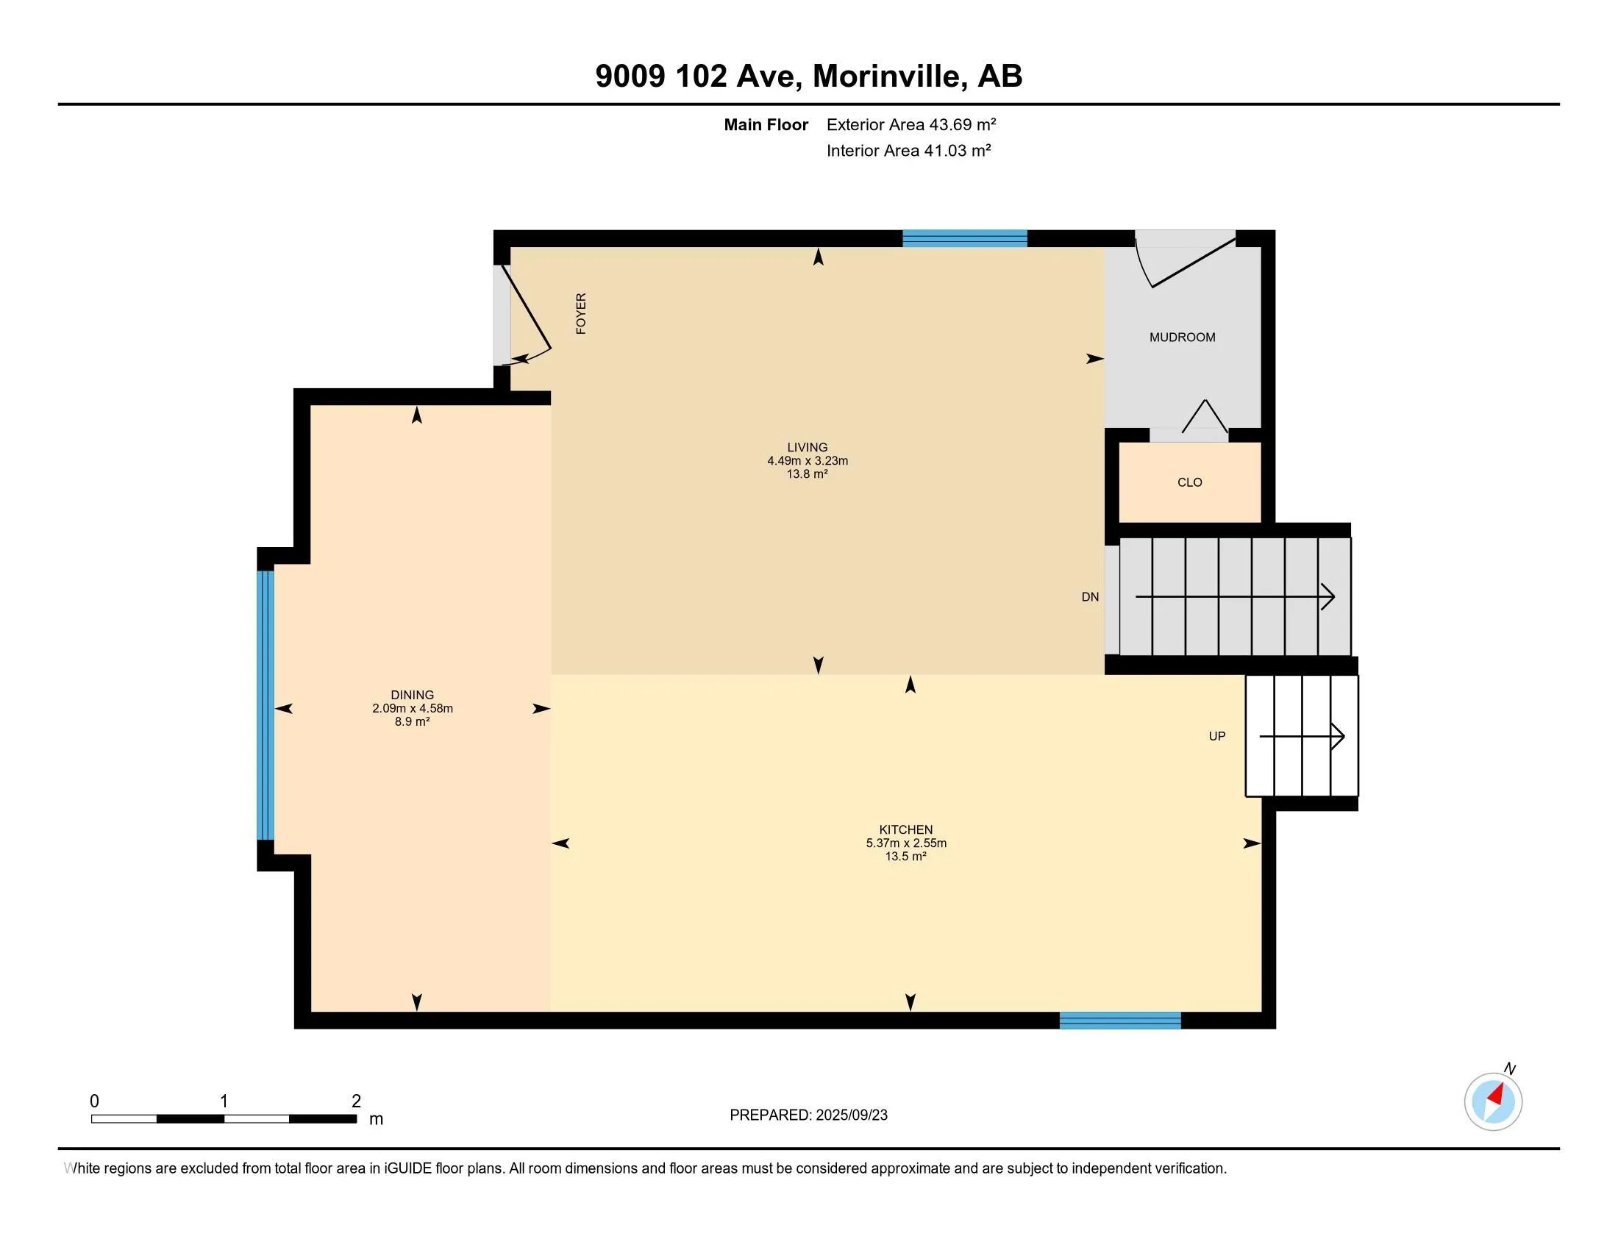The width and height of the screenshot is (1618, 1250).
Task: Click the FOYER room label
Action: coord(581,313)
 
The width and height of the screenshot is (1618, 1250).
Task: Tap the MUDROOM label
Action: coord(1183,337)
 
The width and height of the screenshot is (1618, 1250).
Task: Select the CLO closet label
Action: coord(1190,482)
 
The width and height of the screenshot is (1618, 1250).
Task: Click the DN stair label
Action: coord(1090,597)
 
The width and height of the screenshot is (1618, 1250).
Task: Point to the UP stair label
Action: coord(1217,736)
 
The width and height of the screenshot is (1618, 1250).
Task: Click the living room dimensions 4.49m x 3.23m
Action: coord(808,460)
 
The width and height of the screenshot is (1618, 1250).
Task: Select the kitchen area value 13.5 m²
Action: coord(905,856)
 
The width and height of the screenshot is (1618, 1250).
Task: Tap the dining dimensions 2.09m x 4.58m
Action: coord(413,708)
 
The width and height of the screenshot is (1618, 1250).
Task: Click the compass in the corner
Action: coord(1494,1101)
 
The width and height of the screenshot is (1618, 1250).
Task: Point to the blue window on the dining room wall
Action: coord(266,705)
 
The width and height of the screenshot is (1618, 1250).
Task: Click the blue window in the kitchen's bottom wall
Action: coord(1120,1021)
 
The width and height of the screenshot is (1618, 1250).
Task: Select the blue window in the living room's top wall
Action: coord(965,238)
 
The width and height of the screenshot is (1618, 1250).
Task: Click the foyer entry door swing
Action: coord(526,315)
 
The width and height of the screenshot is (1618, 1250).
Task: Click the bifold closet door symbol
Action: coord(1205,416)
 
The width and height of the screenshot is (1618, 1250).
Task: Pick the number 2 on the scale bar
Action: coord(357,1101)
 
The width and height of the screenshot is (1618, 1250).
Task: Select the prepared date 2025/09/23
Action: coord(851,1115)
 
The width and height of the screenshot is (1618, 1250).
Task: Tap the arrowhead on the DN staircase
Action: coord(1328,597)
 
